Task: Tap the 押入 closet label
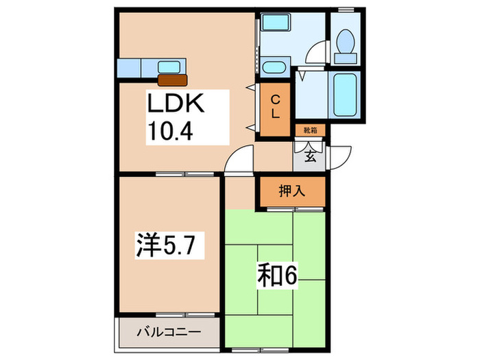(291, 192)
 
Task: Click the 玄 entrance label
(310, 157)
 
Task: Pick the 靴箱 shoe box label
(311, 129)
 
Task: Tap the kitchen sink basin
(168, 67)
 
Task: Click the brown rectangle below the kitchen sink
(171, 80)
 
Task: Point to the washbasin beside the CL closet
(274, 68)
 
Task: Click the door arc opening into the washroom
(317, 55)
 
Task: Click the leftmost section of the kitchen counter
(129, 68)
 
